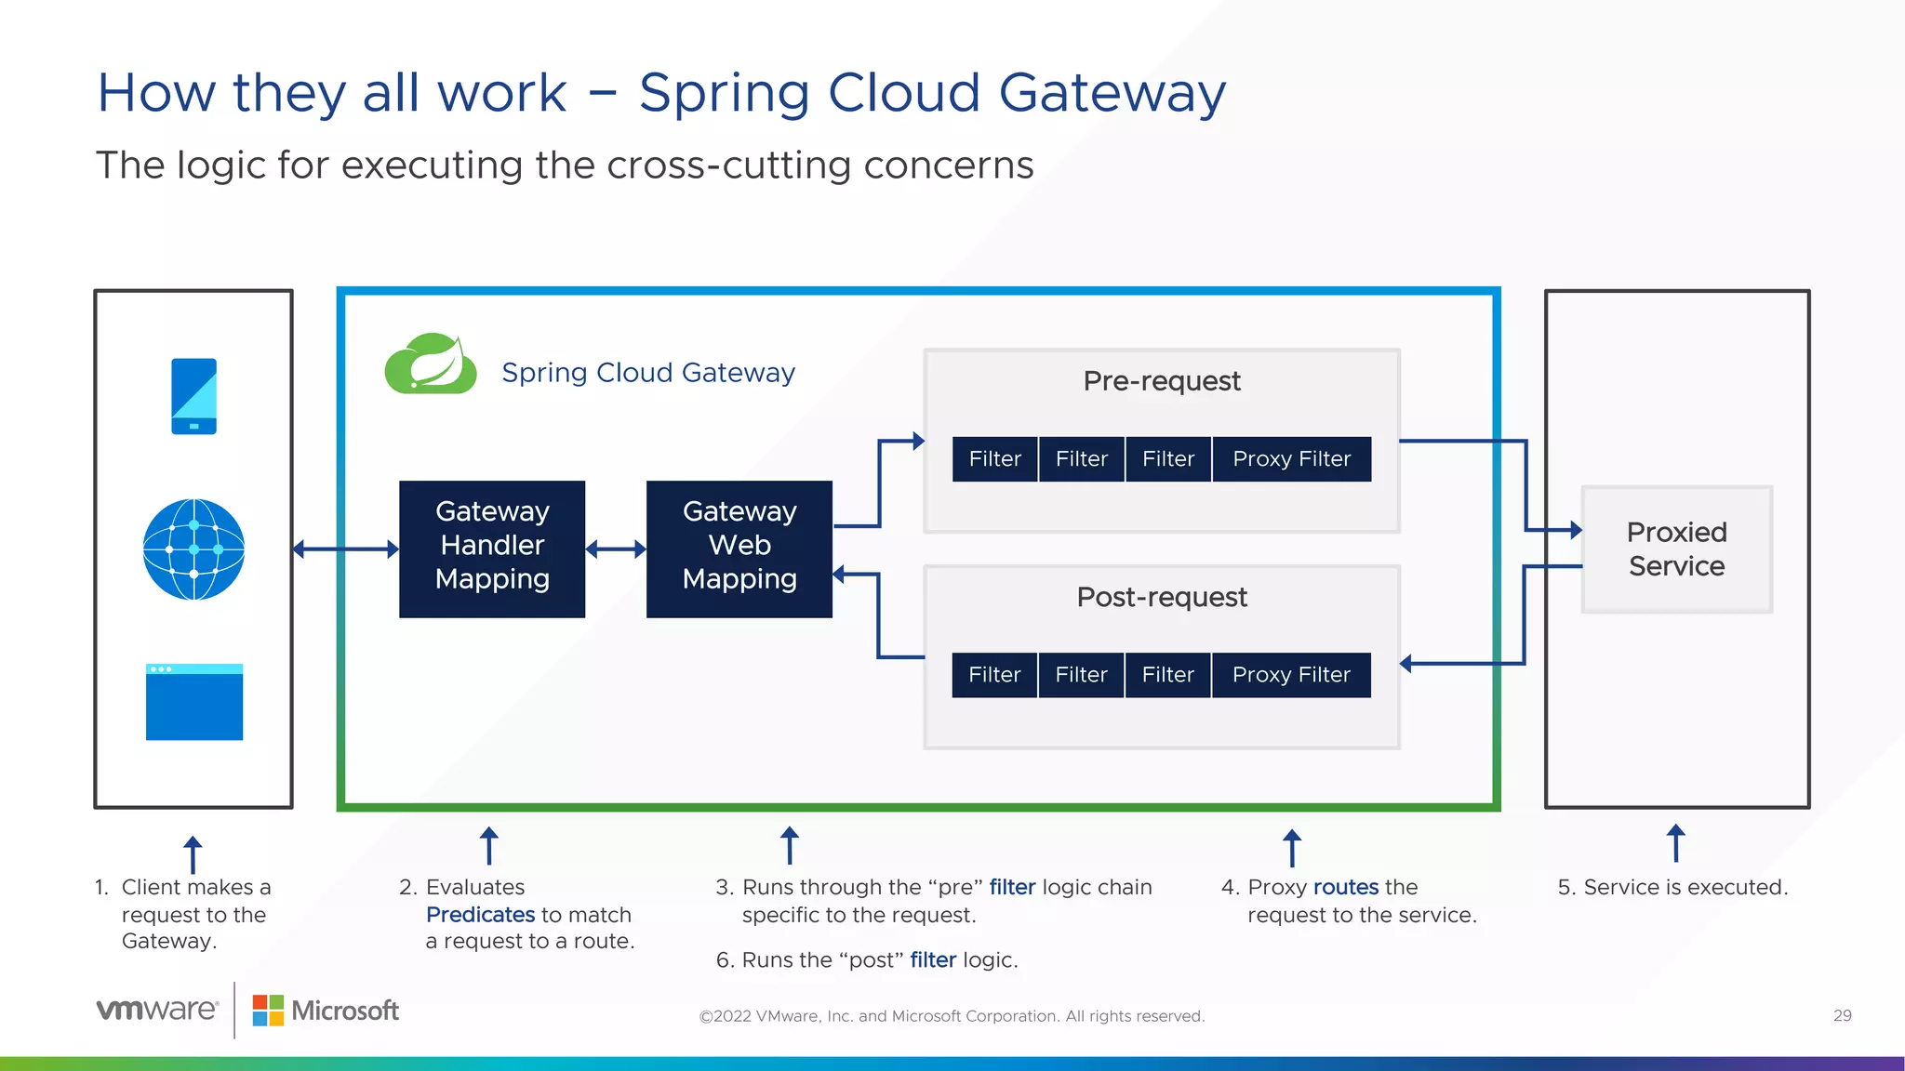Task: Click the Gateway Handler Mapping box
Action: [x=492, y=549]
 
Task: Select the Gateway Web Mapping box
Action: [x=739, y=549]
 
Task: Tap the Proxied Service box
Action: [x=1676, y=549]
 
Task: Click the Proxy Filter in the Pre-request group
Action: [x=1291, y=459]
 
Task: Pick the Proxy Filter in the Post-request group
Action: [x=1291, y=675]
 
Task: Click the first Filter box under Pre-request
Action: [x=994, y=459]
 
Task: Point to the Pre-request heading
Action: [x=1162, y=381]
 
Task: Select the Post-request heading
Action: [x=1162, y=597]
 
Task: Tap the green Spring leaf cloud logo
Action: [x=431, y=364]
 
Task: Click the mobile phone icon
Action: [x=193, y=396]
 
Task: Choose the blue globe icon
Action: [x=193, y=549]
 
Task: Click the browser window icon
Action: [x=193, y=702]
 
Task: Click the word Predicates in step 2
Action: [x=480, y=915]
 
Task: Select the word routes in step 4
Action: [x=1345, y=887]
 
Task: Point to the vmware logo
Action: [x=157, y=1010]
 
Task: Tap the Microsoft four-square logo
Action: [x=268, y=1011]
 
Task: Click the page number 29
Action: [x=1842, y=1016]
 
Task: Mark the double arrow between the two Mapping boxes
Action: [x=616, y=549]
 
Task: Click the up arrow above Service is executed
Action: [x=1675, y=843]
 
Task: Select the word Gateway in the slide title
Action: [x=1112, y=93]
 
